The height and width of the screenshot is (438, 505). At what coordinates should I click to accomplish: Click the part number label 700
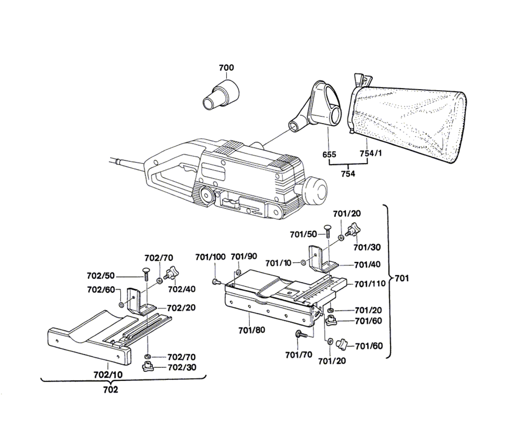tap(226, 68)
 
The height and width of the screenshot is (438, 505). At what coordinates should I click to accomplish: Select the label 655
tap(329, 154)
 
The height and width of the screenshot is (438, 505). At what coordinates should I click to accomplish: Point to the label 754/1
tap(371, 153)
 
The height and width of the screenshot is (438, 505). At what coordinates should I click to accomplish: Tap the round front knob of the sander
tap(315, 190)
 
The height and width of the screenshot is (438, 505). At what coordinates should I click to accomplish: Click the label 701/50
tap(304, 235)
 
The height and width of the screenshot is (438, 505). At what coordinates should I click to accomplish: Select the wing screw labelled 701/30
tap(353, 232)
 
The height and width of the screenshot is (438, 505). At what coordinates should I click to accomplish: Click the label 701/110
tap(370, 284)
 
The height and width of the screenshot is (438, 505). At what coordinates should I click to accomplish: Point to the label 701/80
tap(252, 330)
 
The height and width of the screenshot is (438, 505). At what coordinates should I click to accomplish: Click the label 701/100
tap(210, 257)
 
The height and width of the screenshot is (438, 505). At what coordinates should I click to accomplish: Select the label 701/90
tap(244, 256)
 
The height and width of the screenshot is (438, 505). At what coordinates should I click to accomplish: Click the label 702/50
tap(100, 276)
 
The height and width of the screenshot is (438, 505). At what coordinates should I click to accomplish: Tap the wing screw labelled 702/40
tap(171, 272)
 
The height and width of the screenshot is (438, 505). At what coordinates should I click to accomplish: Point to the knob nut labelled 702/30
tap(148, 367)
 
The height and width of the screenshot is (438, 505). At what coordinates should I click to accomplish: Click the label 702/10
tap(108, 375)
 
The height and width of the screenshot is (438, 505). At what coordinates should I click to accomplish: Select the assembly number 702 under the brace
tap(111, 390)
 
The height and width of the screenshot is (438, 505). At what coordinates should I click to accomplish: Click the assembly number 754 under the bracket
tap(348, 174)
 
